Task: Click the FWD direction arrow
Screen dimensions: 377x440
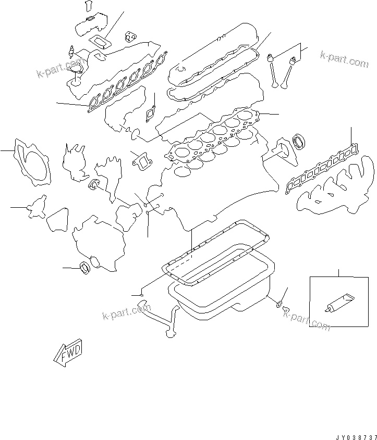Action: coord(68,353)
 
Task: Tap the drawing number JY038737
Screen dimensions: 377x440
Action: coord(356,437)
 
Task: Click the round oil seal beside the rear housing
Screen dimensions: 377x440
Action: coord(299,142)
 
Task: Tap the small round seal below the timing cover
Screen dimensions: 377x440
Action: coord(85,268)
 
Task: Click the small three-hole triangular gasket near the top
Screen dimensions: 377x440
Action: coord(131,37)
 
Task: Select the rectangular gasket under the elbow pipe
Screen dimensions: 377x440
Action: coord(100,42)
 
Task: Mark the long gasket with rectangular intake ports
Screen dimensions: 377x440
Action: coord(322,169)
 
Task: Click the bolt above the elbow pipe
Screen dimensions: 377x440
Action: coord(89,5)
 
